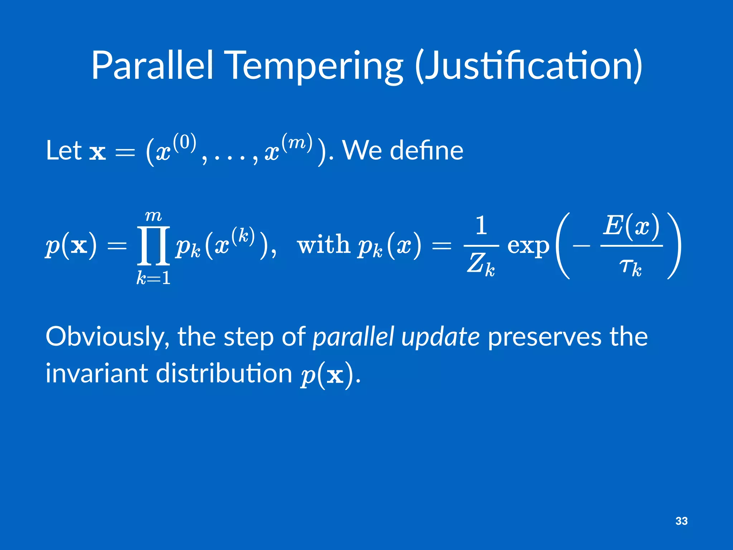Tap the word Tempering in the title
pos(315,66)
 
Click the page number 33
pos(681,521)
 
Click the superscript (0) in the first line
pos(185,142)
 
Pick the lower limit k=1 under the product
pos(153,278)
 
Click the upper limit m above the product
pos(153,216)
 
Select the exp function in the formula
pos(528,246)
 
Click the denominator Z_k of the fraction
pos(481,265)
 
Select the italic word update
pos(440,337)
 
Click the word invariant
pos(97,373)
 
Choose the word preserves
pos(544,337)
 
